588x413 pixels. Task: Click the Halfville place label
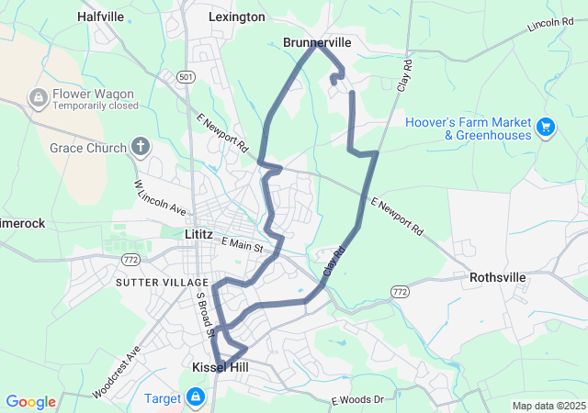pos(101,17)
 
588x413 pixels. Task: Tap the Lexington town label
pos(236,17)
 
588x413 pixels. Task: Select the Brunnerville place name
pos(317,42)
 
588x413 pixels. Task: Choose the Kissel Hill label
pos(220,367)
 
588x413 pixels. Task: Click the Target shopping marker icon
pos(195,397)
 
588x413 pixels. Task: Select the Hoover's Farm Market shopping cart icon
pos(546,127)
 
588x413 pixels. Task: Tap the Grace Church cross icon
pos(141,145)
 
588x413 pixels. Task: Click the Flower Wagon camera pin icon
pos(40,96)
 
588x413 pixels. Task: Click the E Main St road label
pos(243,245)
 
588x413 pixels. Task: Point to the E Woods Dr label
pos(356,400)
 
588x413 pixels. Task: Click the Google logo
pos(30,402)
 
